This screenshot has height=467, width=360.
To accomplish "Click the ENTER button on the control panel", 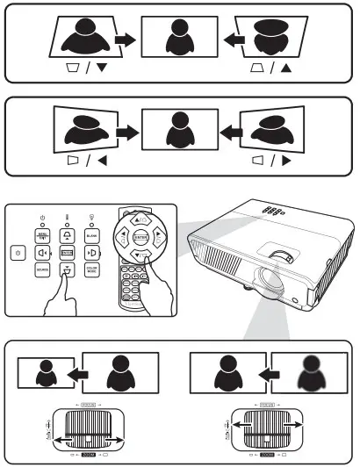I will click(67, 253).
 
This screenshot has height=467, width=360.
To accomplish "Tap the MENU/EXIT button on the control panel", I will click(42, 235).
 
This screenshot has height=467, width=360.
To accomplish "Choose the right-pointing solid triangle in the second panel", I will click(286, 162).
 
